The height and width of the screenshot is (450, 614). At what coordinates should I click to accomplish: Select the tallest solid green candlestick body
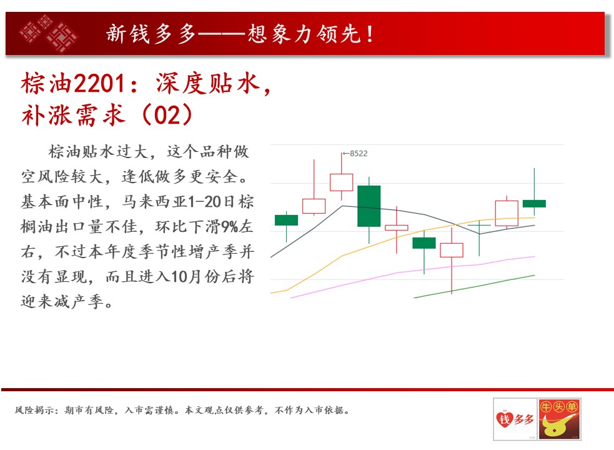tap(369, 206)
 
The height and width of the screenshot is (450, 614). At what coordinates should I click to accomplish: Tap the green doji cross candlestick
tap(479, 226)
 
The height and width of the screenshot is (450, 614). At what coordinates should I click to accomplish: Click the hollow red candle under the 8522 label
tap(342, 182)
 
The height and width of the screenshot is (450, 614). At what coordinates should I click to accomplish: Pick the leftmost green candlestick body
tap(286, 220)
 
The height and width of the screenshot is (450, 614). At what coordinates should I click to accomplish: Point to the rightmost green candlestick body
tap(534, 204)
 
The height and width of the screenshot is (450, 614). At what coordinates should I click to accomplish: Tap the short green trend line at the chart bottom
tap(474, 286)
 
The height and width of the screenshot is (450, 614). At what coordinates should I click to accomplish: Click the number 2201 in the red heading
tap(99, 84)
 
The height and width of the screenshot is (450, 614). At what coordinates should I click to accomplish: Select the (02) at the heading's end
tap(167, 115)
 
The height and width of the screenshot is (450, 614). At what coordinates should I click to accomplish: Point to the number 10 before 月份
tap(180, 277)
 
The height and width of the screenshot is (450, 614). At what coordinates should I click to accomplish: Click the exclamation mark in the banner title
tap(370, 34)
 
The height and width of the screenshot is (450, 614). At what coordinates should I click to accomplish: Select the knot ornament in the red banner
tap(49, 33)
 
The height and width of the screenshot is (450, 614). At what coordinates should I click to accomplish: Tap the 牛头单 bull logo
tap(559, 419)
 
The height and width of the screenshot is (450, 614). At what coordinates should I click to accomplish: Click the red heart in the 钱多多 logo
tap(504, 419)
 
